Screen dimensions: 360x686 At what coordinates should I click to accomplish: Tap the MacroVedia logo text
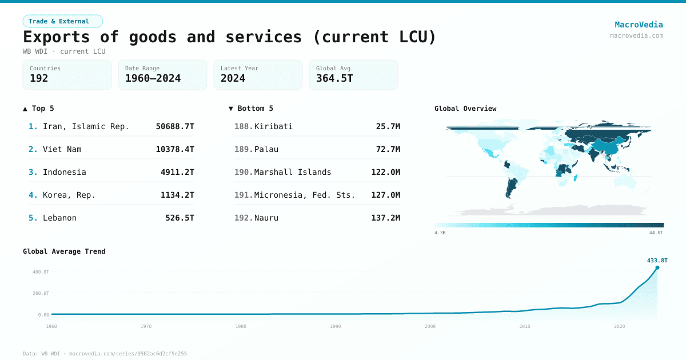(639, 25)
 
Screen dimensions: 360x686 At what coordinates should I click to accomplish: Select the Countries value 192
(39, 78)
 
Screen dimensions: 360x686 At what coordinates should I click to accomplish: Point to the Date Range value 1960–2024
(153, 78)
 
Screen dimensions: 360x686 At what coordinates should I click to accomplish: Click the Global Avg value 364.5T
(334, 78)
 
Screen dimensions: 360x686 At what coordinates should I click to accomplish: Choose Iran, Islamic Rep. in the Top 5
(86, 126)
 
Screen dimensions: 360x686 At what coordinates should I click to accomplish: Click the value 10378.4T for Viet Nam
(175, 149)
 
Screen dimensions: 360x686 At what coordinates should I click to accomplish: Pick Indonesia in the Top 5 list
(65, 172)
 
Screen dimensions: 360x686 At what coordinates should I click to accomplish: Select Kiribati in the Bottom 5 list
(273, 126)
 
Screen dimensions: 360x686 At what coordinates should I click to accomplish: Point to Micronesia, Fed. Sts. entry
(305, 195)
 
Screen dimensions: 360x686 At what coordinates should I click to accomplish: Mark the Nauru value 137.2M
(385, 218)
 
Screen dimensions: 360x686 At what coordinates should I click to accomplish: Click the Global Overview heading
(465, 109)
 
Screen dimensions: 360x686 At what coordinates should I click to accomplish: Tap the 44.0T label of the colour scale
(656, 233)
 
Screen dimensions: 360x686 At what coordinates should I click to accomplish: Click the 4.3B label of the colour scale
(440, 233)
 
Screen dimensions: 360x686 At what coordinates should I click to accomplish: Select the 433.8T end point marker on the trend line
(657, 267)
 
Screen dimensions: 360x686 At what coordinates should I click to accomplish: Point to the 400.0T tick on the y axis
(41, 271)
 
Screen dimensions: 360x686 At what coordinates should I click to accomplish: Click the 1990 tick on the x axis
(336, 326)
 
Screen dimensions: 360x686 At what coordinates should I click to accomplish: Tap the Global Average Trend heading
(64, 251)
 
